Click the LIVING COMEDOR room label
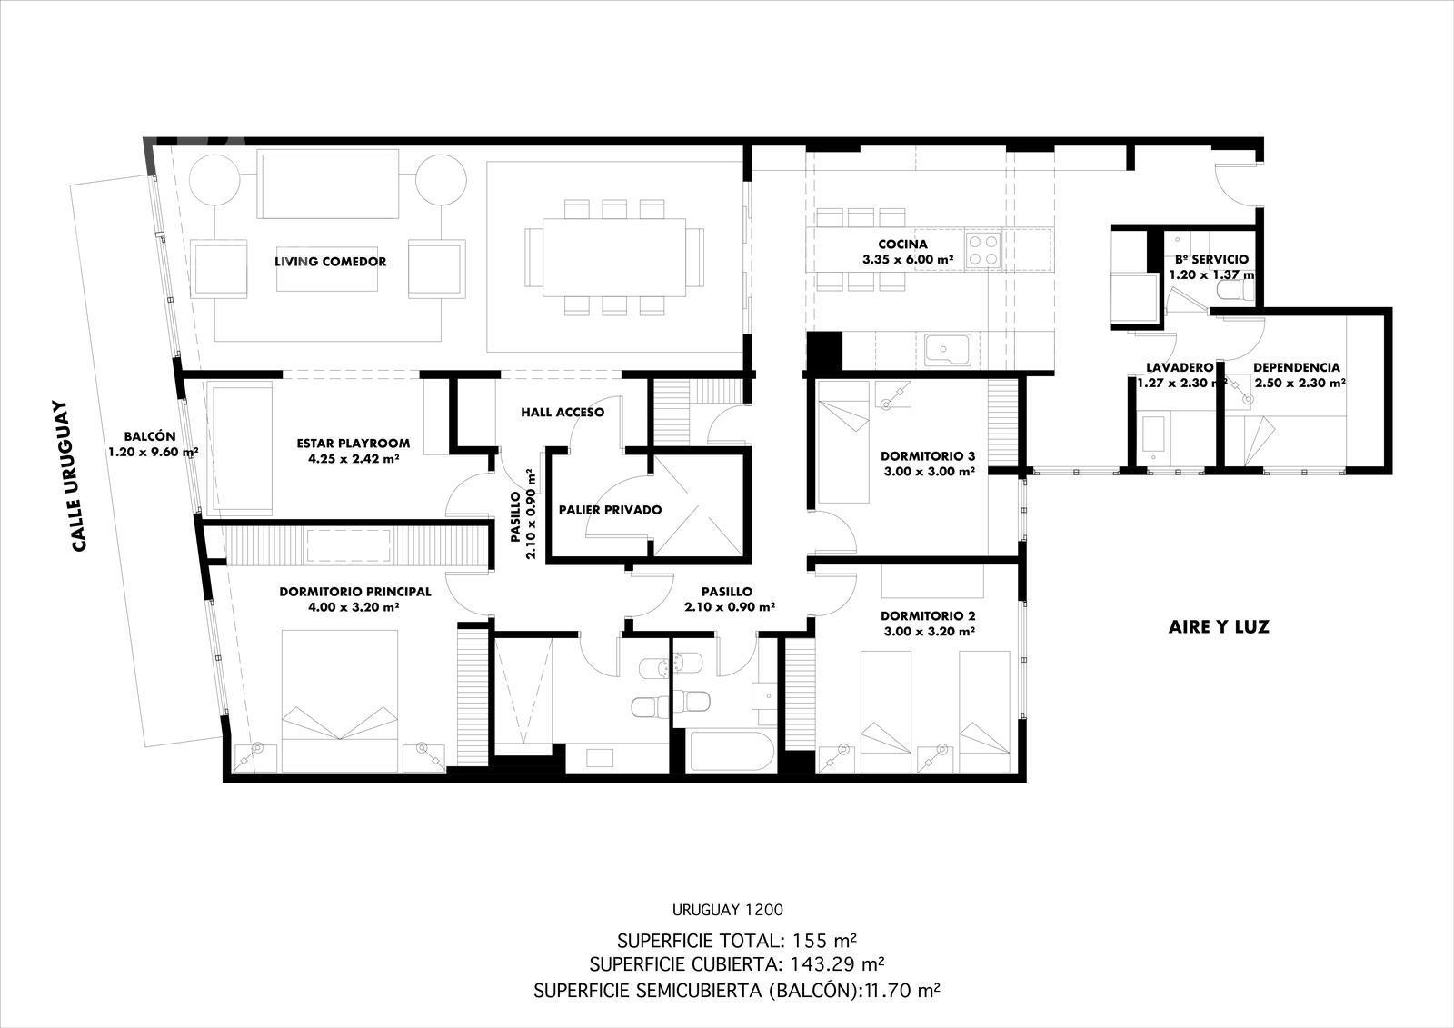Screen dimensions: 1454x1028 pos(330,262)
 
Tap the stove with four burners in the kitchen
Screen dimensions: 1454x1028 pos(982,250)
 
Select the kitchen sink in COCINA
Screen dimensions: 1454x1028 pos(948,351)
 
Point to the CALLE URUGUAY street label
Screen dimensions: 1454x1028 pos(78,476)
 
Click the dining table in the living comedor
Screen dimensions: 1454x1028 pos(614,257)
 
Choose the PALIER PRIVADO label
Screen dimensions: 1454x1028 pos(610,510)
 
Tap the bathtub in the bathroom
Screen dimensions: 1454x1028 pos(731,752)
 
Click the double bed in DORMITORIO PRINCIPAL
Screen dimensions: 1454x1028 pos(340,701)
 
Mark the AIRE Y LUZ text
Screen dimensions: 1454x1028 pos(1219,626)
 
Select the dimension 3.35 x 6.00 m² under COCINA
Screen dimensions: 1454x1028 pos(908,260)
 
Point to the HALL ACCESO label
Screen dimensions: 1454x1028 pos(563,413)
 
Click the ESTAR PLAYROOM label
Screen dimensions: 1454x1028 pos(354,444)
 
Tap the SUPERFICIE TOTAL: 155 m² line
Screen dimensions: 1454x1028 pos(737,941)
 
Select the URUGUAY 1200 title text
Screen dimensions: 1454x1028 pos(728,910)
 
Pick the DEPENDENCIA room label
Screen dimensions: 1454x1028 pos(1296,367)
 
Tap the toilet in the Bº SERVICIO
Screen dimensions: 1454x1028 pos(1237,290)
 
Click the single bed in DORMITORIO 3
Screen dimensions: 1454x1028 pos(843,442)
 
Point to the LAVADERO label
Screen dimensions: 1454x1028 pos(1170,367)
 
